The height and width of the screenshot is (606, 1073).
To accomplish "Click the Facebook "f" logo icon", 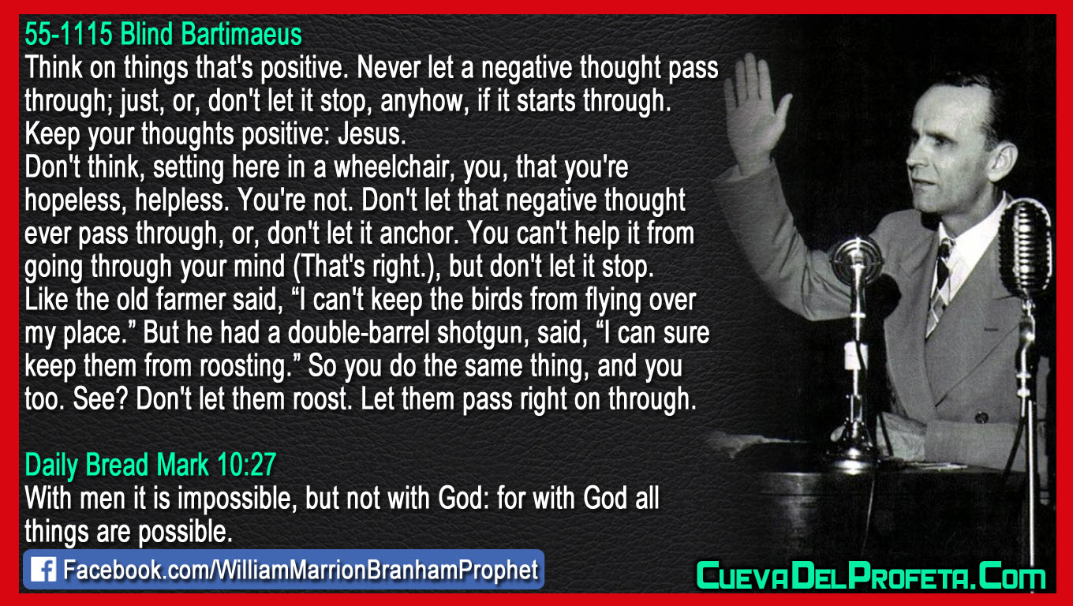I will (x=43, y=570).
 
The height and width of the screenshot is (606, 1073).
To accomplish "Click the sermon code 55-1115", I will (x=69, y=35).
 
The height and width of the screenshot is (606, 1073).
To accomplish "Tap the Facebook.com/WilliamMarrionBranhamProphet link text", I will (x=300, y=570).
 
